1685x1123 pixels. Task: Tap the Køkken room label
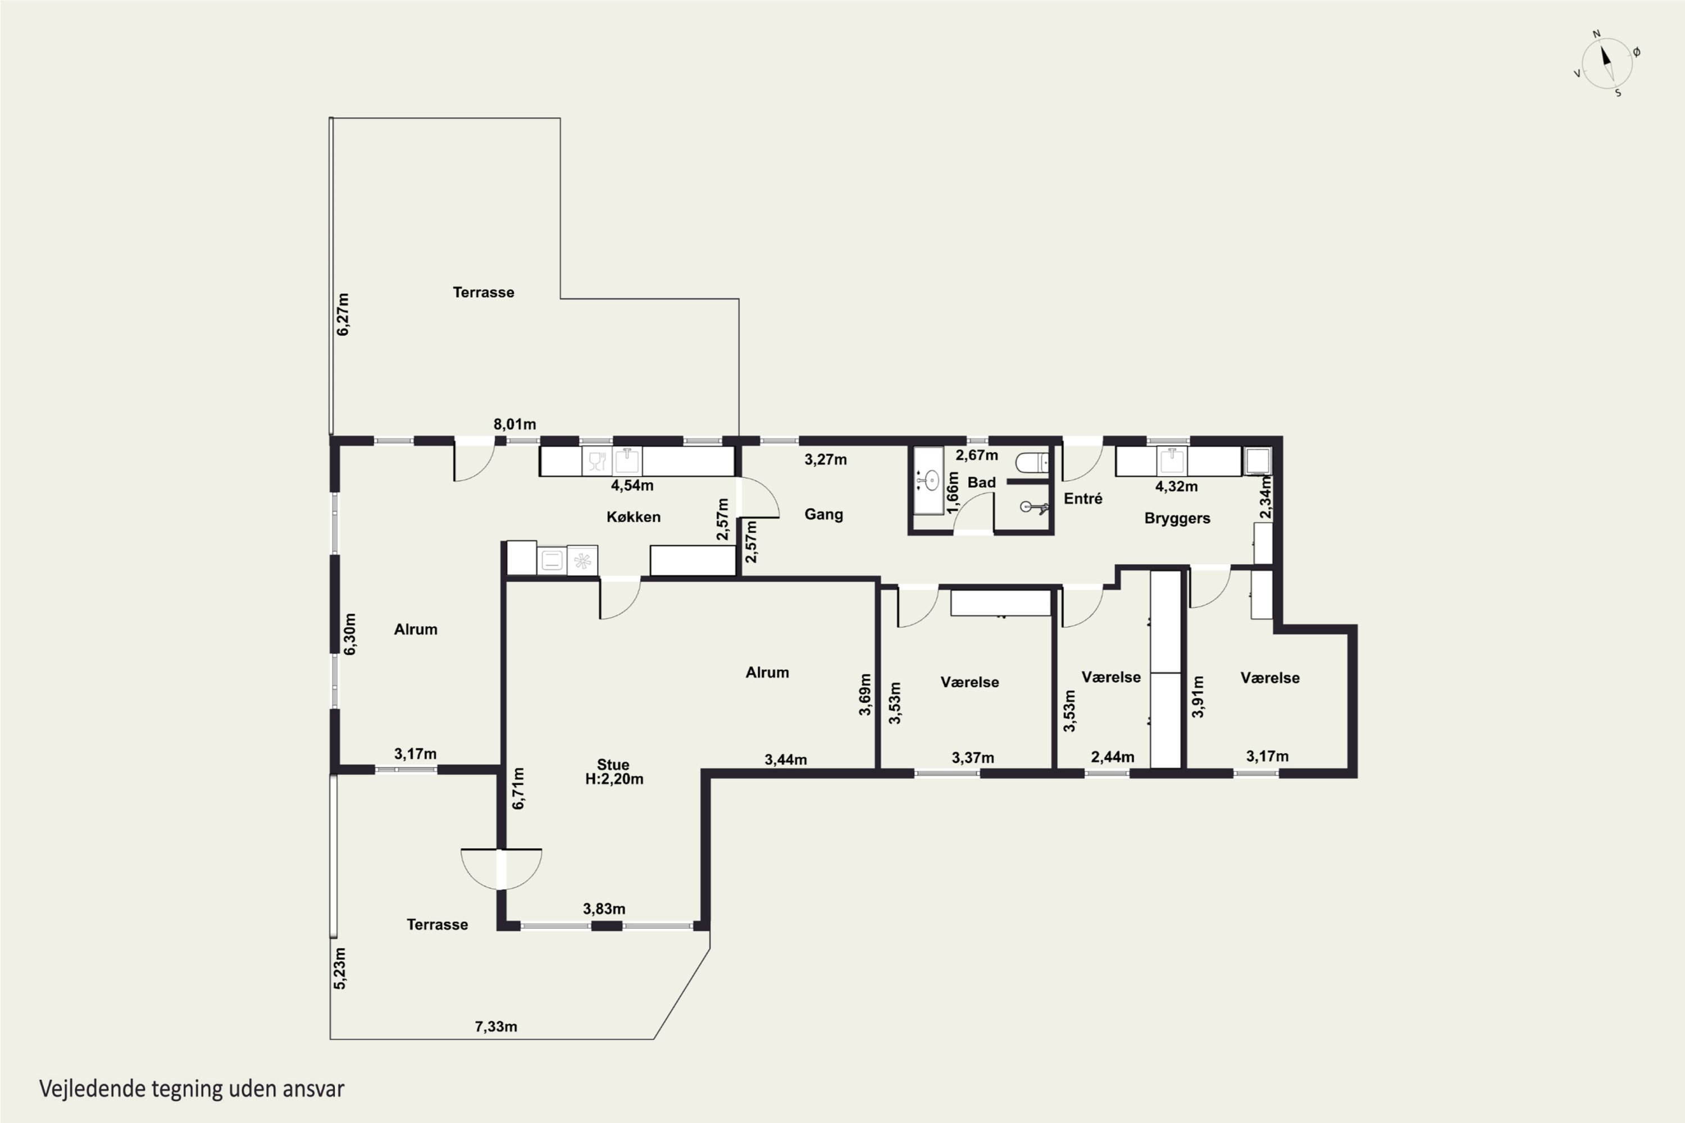634,517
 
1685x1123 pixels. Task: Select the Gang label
823,514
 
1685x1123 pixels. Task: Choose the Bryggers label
1177,518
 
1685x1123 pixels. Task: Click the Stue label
613,764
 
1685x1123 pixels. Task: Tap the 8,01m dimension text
514,424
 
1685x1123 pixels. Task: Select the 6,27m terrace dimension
343,314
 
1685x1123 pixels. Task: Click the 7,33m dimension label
496,1026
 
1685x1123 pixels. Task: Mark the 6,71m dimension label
518,788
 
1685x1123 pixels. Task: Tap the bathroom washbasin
931,480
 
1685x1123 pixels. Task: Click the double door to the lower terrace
502,869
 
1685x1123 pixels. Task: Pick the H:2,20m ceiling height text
614,779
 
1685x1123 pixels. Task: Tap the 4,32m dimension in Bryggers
1176,486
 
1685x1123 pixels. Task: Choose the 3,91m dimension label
1197,696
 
